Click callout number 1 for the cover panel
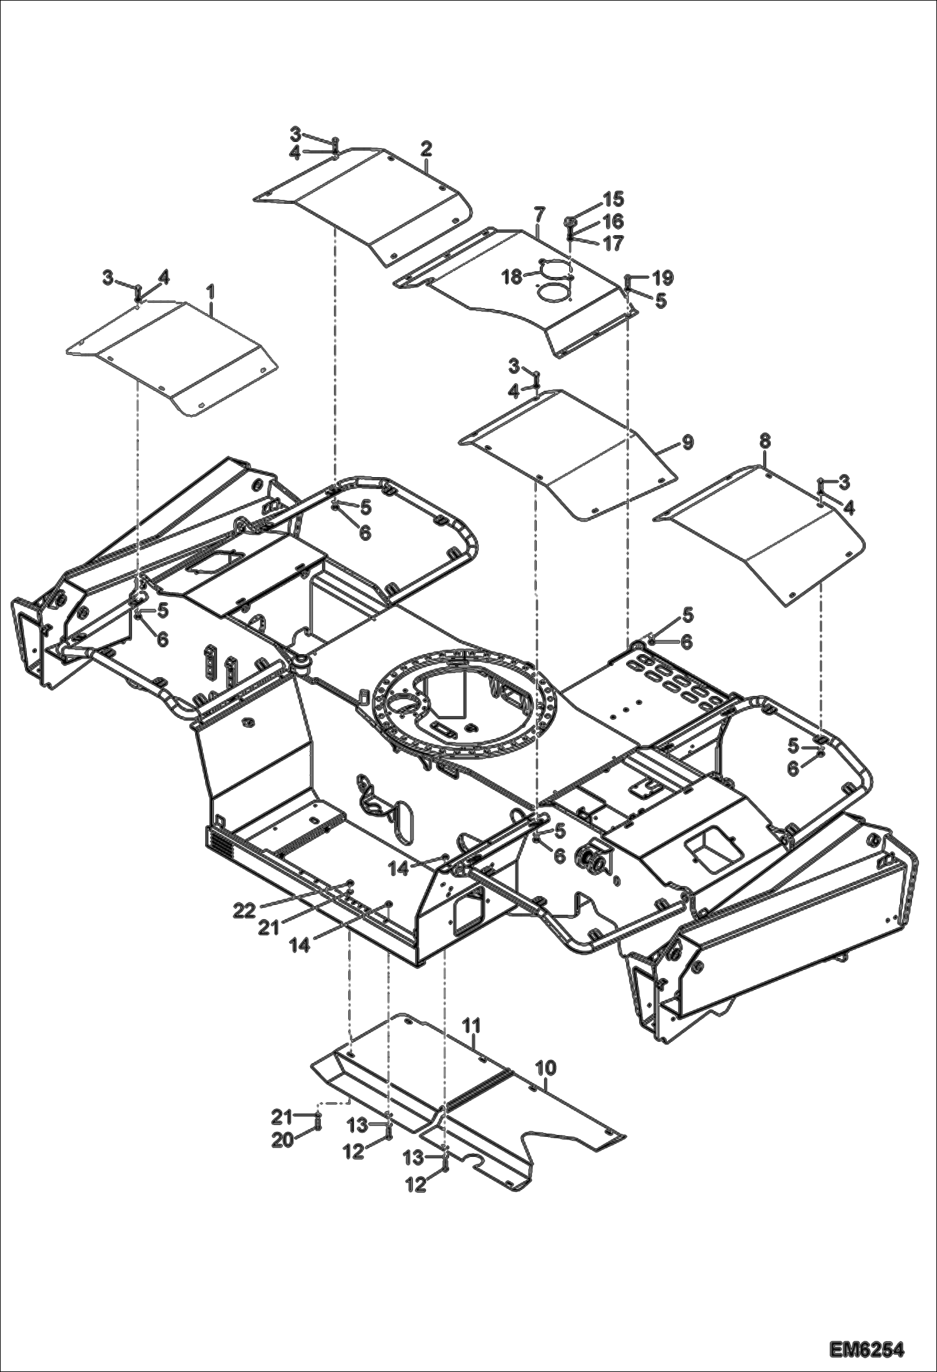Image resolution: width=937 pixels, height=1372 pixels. pyautogui.click(x=211, y=291)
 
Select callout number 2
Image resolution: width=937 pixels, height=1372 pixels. pyautogui.click(x=426, y=149)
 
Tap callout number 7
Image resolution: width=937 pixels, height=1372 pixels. pyautogui.click(x=539, y=216)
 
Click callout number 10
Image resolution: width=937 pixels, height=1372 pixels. pyautogui.click(x=546, y=1064)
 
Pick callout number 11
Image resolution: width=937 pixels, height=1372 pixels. pyautogui.click(x=471, y=1025)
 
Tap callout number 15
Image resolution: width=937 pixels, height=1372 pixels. pyautogui.click(x=613, y=199)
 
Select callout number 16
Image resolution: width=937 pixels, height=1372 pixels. pyautogui.click(x=613, y=221)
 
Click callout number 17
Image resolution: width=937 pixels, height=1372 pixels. pyautogui.click(x=613, y=243)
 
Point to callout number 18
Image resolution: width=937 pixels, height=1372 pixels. pyautogui.click(x=512, y=276)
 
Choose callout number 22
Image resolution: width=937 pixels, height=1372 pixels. pyautogui.click(x=245, y=911)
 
